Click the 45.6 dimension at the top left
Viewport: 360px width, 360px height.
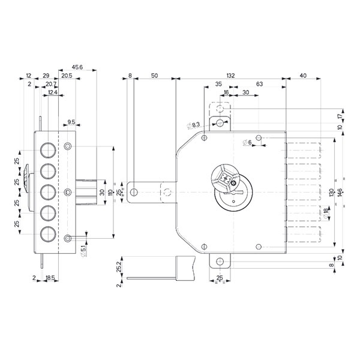point(77,67)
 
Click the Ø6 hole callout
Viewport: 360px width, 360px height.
point(247,143)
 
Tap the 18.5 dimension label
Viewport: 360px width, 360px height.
point(51,278)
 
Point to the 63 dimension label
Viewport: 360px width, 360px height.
point(260,85)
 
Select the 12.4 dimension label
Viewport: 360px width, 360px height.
point(52,93)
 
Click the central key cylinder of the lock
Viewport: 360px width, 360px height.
point(226,179)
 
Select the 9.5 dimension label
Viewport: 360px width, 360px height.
point(71,122)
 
